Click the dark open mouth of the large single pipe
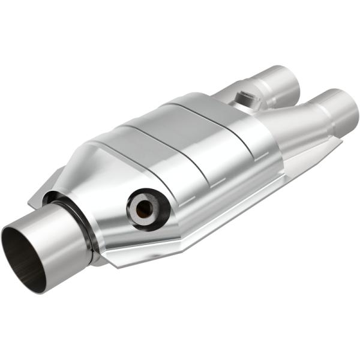(24, 255)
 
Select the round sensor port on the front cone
(146, 208)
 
